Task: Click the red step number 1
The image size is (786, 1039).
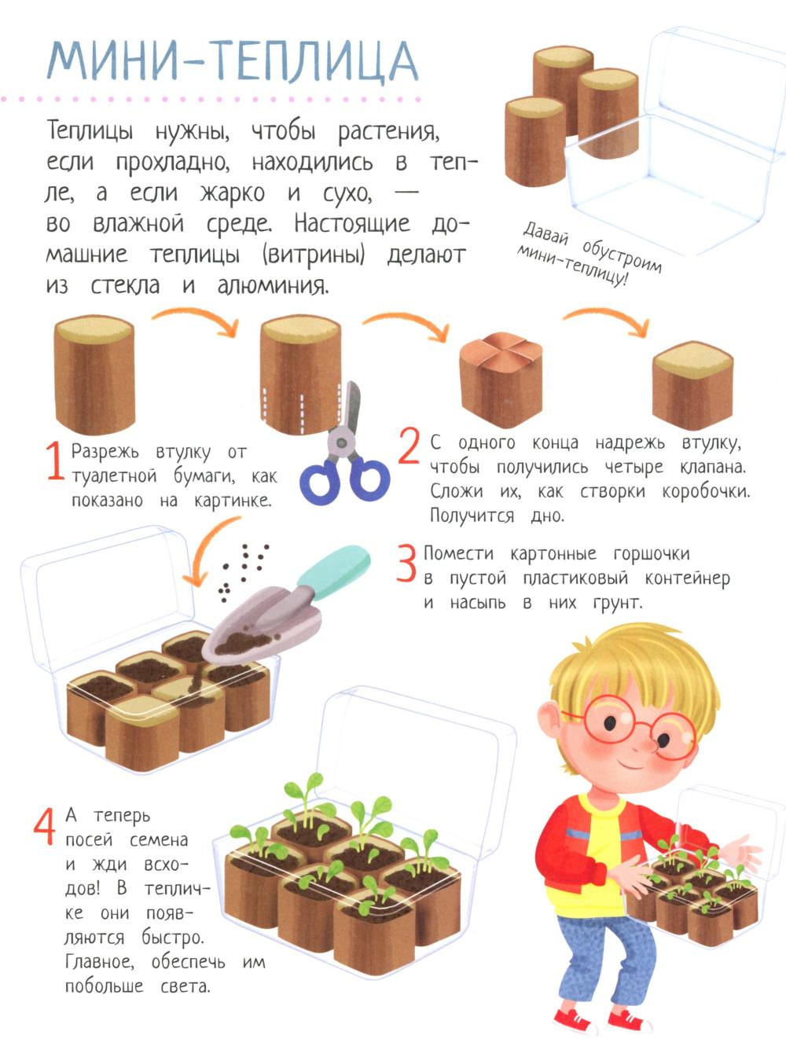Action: tap(56, 461)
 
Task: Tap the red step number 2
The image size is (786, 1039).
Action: tap(410, 446)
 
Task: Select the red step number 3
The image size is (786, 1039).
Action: tap(406, 563)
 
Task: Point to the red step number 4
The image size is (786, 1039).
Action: tap(45, 827)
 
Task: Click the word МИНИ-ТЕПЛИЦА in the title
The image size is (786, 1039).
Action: tap(233, 61)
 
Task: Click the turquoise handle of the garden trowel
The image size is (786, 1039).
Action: tap(334, 572)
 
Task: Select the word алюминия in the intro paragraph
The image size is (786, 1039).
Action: tap(273, 286)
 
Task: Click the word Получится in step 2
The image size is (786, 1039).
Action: tap(472, 515)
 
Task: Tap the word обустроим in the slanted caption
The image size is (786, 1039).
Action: tap(621, 256)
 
